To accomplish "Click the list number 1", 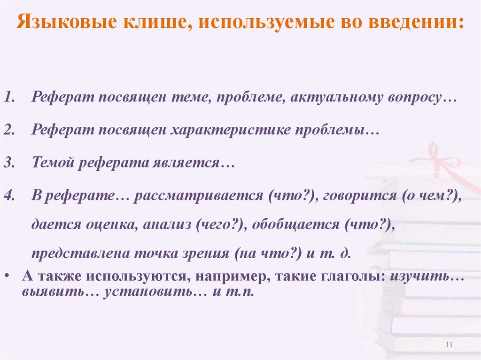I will [10, 98].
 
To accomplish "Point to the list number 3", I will [10, 163].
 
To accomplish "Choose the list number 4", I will [10, 195].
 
